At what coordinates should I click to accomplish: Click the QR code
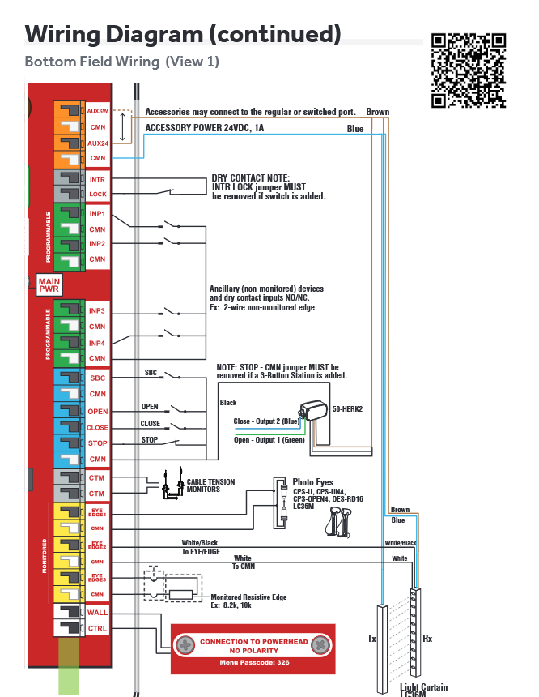coord(469,71)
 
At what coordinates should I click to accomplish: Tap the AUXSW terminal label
coord(97,111)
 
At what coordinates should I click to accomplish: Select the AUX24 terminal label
coord(97,143)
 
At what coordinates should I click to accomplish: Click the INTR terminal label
coord(97,179)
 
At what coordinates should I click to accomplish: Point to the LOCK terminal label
coord(97,195)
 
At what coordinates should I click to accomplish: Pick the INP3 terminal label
coord(97,311)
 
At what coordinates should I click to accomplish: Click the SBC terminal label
coord(97,378)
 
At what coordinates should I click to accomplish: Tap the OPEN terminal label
coord(97,412)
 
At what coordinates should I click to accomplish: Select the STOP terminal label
coord(97,443)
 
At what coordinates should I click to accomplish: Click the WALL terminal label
coord(97,613)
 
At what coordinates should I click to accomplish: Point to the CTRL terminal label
coord(97,628)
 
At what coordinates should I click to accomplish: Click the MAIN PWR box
coord(49,284)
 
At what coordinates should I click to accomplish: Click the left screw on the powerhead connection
coord(185,645)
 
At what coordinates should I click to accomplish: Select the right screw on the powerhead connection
coord(321,645)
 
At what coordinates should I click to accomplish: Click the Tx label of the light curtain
coord(372,639)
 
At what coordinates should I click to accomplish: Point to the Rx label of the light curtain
coord(427,639)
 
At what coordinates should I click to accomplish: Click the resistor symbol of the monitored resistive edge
coord(180,594)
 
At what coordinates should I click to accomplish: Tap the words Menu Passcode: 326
coord(253,662)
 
